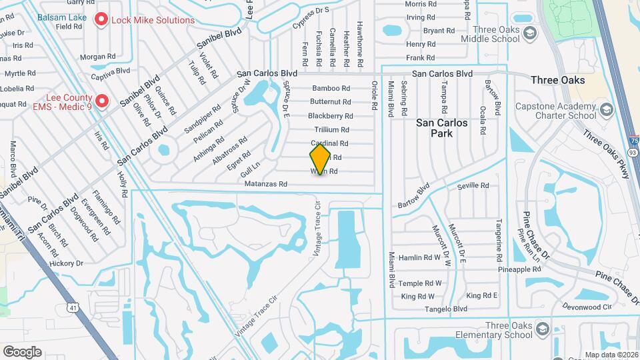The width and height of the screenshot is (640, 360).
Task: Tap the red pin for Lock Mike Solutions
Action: coord(101,20)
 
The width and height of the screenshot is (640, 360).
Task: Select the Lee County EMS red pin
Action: coord(101,101)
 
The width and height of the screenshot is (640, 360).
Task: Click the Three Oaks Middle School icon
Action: coord(530,33)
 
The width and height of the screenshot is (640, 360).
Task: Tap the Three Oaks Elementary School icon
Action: coord(543,330)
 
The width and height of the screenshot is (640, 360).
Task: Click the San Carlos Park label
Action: coord(442,128)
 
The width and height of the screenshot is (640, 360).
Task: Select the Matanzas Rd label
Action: coord(265,183)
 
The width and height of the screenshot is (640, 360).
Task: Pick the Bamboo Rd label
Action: coord(331,88)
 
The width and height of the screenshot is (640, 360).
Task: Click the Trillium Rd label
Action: coord(331,129)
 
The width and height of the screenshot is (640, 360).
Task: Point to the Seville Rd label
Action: coord(473,185)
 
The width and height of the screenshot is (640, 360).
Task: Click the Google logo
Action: coord(22,351)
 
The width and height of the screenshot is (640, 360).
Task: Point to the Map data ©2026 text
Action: coord(610,355)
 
